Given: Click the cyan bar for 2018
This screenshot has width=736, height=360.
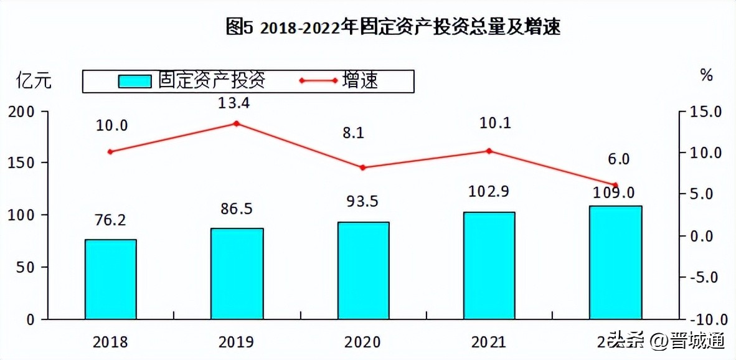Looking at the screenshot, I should (x=111, y=279).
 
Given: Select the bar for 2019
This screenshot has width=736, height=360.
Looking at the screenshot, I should (x=237, y=273).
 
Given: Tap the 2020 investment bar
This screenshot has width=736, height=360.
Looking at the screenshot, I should (x=363, y=270).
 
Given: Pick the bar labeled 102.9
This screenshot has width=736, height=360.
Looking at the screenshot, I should (x=489, y=265).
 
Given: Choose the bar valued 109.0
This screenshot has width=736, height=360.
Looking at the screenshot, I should (x=615, y=262).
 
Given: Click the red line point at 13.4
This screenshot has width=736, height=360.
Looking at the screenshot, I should (x=237, y=123).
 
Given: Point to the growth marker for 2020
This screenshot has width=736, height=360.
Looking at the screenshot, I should (x=363, y=168).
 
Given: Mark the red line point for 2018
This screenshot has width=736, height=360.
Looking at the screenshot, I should (x=111, y=151).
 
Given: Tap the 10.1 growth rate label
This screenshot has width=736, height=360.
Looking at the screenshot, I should (x=495, y=123).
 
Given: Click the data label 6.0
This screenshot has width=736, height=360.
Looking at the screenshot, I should (x=618, y=159).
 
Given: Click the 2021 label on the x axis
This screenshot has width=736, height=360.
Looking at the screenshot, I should (x=489, y=342).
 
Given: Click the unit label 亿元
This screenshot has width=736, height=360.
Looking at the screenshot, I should (x=34, y=81).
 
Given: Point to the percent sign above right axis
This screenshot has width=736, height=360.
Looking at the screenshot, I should (x=706, y=75).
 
